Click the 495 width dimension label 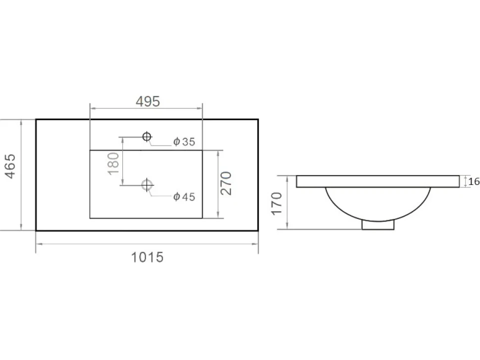[148, 101]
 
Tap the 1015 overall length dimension [147, 257]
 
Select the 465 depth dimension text [10, 166]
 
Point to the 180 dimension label [114, 163]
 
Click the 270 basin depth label [226, 183]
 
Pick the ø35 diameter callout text [184, 141]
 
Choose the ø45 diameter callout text [184, 197]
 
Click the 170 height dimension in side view [277, 204]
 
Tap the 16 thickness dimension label [474, 181]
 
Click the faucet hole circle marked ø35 [147, 136]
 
